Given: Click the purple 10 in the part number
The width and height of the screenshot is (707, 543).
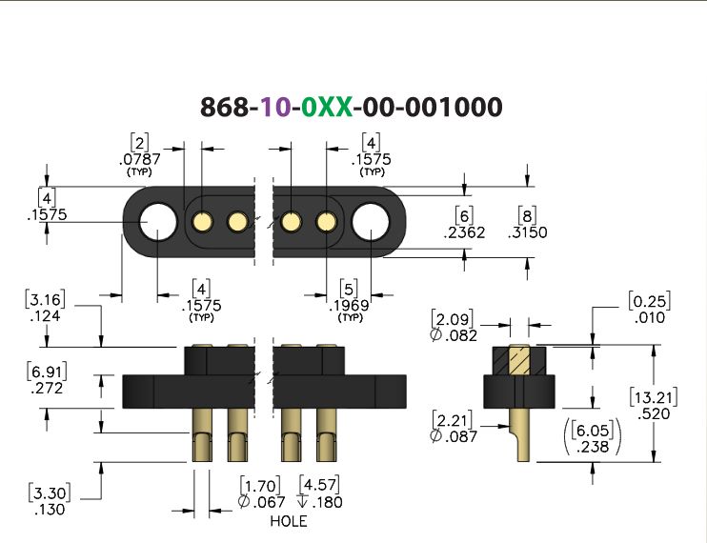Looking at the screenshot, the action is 275,108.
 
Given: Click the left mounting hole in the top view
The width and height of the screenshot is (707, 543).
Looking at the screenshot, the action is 158,222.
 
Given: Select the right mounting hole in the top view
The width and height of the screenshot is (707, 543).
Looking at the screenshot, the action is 371,222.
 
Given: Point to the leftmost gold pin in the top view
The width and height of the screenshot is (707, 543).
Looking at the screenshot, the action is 202,222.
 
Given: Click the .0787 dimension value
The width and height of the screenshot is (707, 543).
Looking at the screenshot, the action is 140,159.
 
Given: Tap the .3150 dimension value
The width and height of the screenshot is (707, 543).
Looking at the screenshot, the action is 527,232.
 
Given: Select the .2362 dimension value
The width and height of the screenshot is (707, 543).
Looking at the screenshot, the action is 464,232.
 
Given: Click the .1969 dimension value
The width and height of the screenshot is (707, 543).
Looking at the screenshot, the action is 349,306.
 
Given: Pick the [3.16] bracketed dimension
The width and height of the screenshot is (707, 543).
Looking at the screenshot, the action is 45,299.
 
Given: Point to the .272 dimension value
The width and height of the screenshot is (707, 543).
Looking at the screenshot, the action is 47,389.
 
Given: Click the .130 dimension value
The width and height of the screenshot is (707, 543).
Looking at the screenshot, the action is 50,510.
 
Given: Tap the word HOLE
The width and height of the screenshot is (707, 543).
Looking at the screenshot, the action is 289,521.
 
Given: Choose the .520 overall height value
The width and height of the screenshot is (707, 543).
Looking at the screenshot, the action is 654,413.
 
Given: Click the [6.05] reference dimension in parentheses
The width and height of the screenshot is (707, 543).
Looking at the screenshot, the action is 593,431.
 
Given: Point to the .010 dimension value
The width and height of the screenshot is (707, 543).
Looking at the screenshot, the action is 650,317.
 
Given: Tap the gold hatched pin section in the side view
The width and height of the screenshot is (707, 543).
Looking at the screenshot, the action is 519,360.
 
